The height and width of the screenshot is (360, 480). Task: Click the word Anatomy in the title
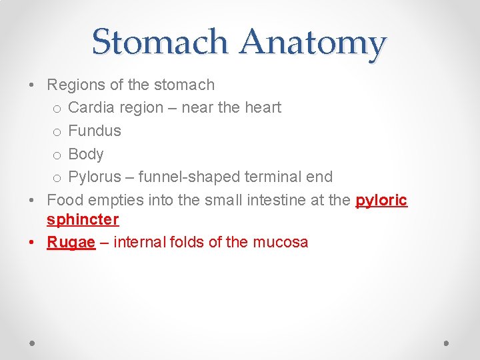pyautogui.click(x=313, y=43)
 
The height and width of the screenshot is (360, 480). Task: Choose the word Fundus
pyautogui.click(x=95, y=131)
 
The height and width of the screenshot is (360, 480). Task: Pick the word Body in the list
pyautogui.click(x=86, y=154)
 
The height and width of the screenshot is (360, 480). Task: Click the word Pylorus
pyautogui.click(x=95, y=177)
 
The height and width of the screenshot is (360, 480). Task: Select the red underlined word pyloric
pyautogui.click(x=381, y=200)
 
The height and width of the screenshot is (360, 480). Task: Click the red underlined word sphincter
pyautogui.click(x=83, y=219)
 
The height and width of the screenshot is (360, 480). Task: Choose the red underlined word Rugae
pyautogui.click(x=71, y=242)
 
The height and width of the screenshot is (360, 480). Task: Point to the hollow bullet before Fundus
pyautogui.click(x=57, y=131)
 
